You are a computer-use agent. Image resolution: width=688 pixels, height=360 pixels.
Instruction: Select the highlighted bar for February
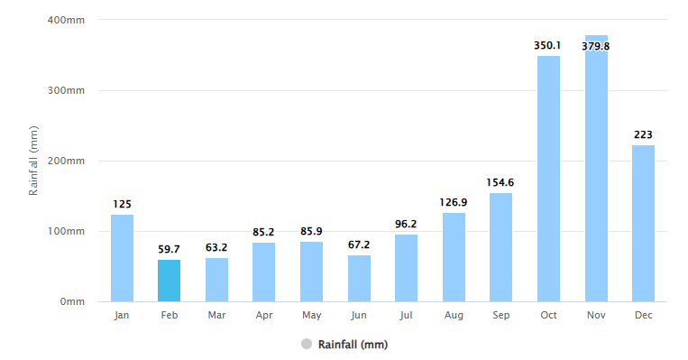coord(169,281)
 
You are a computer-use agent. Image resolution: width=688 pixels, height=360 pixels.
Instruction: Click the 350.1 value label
coord(548,45)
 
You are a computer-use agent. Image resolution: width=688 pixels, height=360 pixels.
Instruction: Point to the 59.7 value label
coord(169,249)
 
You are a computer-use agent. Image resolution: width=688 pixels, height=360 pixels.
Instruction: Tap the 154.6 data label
coord(500,182)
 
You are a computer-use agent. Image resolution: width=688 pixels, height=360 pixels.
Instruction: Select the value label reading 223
coord(643,134)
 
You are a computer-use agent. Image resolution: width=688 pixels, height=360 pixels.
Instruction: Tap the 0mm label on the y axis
coord(72,301)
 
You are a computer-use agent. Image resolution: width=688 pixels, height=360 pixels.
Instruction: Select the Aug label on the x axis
coord(454,315)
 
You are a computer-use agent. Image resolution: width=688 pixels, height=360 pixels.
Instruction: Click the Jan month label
coord(122,315)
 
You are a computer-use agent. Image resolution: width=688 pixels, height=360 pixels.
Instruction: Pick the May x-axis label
coord(311,315)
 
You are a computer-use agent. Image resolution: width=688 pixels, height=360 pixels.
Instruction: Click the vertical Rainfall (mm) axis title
coord(33,161)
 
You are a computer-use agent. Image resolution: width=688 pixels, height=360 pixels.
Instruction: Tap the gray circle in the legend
coord(307,344)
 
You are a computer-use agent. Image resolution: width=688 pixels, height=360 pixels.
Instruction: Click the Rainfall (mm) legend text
coord(353,344)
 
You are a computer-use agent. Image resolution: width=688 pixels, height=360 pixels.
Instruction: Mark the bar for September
coord(500,247)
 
